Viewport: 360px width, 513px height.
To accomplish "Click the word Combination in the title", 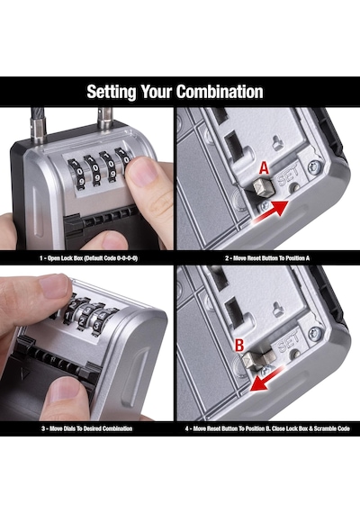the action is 220,92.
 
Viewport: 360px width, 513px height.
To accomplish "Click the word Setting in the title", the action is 112,92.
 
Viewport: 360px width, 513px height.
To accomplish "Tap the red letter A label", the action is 264,168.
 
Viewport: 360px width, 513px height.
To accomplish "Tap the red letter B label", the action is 239,345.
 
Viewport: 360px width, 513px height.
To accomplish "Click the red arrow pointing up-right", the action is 271,212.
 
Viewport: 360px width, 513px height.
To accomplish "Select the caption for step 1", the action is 88,258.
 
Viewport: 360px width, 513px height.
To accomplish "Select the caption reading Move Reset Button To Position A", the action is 267,258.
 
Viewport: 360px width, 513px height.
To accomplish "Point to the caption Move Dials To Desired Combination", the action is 86,428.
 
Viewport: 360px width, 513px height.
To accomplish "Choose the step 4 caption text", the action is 267,428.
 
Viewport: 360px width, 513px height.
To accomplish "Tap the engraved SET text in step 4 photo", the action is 288,343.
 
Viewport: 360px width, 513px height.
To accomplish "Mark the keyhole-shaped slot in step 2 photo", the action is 278,143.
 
